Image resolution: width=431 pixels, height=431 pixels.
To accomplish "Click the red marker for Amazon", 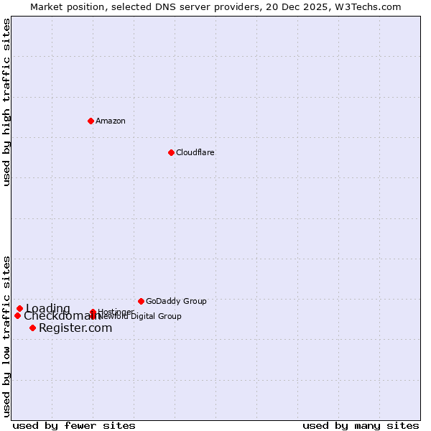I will [x=91, y=121].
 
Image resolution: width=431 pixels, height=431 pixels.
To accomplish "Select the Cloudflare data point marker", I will [x=171, y=152].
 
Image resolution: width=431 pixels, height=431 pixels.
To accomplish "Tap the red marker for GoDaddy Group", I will [x=141, y=301].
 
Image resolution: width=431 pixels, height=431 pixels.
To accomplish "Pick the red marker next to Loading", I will [x=20, y=309].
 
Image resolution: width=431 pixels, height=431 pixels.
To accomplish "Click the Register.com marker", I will [x=32, y=328].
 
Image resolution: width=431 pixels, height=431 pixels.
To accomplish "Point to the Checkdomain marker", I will [x=17, y=315].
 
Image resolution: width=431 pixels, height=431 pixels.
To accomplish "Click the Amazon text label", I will [x=111, y=121].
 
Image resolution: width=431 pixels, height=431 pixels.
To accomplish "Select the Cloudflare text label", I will [x=195, y=152].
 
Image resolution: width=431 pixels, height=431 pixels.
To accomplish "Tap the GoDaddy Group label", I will [x=176, y=301].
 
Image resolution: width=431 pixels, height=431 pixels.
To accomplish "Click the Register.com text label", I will [x=75, y=328].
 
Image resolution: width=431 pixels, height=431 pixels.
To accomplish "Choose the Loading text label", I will [x=48, y=309].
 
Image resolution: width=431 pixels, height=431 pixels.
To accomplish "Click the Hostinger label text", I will [x=116, y=312].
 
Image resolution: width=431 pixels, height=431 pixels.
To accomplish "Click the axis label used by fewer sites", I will [x=74, y=425].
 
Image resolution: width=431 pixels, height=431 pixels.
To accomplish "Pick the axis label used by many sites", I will [x=361, y=425].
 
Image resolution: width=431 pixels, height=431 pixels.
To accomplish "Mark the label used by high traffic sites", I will [x=6, y=102].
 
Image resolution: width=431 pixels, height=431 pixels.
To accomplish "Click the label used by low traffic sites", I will [x=6, y=335].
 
